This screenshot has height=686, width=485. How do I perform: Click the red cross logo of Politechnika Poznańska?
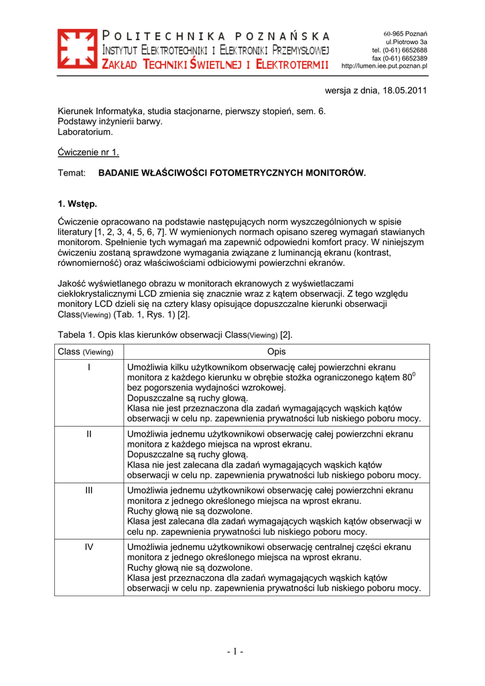click(x=76, y=50)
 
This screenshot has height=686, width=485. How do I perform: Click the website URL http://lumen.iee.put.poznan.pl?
click(x=385, y=66)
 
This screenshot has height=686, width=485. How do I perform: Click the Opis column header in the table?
click(x=276, y=352)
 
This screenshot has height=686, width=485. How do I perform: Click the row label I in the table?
click(x=88, y=367)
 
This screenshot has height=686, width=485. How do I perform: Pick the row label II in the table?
click(x=88, y=434)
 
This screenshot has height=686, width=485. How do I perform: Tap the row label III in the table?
click(x=88, y=490)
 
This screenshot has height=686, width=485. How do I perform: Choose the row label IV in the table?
click(x=88, y=547)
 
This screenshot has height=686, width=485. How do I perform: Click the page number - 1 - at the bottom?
click(x=234, y=652)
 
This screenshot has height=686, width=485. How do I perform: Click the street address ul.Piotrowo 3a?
click(x=405, y=42)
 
